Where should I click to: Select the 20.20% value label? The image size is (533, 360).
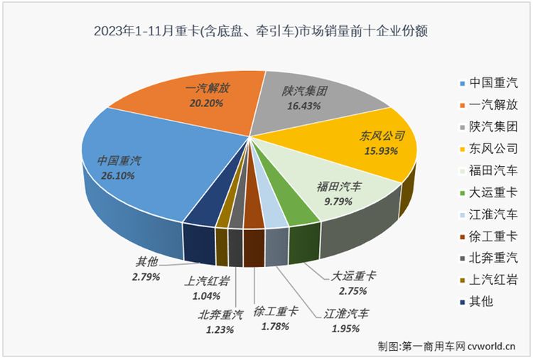206,103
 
